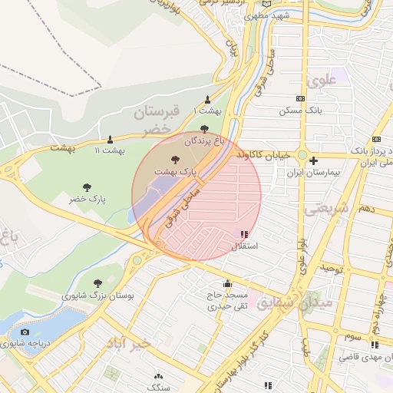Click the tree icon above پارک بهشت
[176, 160]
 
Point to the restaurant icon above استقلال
[244, 235]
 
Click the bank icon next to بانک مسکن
[300, 98]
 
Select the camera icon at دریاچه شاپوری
[25, 332]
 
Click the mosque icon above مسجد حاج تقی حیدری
[226, 282]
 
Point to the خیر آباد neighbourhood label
[137, 342]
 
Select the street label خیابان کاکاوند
[263, 154]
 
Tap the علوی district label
[323, 81]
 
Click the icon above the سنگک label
[159, 376]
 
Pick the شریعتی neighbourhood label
[326, 208]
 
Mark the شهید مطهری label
[267, 15]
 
